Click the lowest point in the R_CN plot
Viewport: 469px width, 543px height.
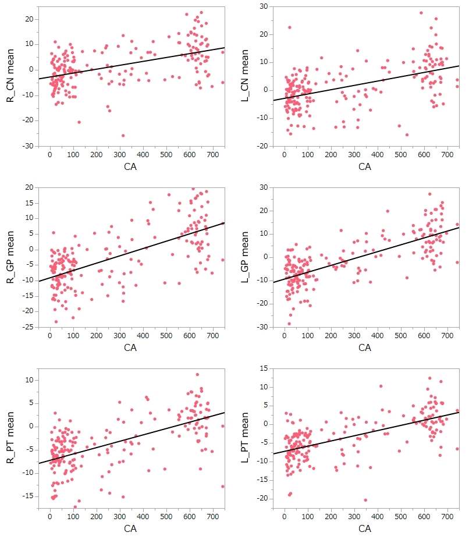pos(123,135)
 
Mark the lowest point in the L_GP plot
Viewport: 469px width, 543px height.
pos(289,324)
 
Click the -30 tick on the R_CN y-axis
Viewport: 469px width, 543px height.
pos(28,146)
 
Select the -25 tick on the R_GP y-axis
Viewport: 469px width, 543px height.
pos(28,327)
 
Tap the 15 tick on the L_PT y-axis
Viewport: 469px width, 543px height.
pos(263,368)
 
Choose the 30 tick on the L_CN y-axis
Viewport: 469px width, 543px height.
pos(263,6)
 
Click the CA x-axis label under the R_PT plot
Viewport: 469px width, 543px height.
pos(130,529)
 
